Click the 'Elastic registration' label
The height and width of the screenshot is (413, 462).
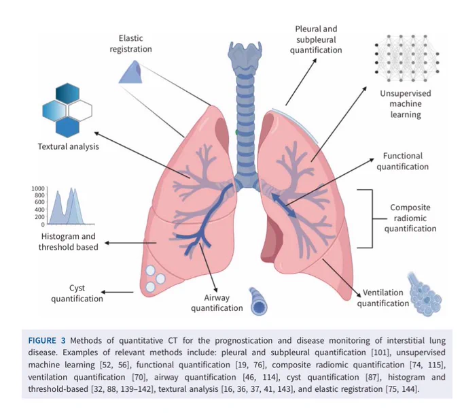click(x=131, y=44)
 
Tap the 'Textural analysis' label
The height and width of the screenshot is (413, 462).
click(x=69, y=146)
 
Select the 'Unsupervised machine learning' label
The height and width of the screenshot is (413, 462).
click(x=406, y=104)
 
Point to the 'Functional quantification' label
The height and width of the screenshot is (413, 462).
click(x=402, y=161)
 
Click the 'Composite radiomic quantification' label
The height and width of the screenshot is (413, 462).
click(x=410, y=218)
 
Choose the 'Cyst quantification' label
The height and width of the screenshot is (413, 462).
click(x=77, y=293)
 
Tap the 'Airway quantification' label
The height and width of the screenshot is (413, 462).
click(x=217, y=303)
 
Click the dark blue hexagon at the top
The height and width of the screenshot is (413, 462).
click(x=67, y=93)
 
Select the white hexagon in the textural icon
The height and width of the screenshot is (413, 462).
click(x=80, y=111)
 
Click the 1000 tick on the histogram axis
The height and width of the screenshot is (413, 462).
click(x=38, y=188)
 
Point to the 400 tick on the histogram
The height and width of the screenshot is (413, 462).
click(x=39, y=210)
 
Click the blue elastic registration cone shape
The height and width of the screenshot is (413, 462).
click(x=130, y=71)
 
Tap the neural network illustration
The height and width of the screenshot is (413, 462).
click(x=407, y=58)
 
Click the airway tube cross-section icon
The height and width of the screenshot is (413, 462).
click(x=258, y=302)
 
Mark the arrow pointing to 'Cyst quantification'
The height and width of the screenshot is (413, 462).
click(x=118, y=293)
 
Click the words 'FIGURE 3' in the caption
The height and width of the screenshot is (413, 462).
click(x=47, y=341)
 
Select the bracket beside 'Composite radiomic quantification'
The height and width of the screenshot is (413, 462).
click(x=372, y=218)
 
